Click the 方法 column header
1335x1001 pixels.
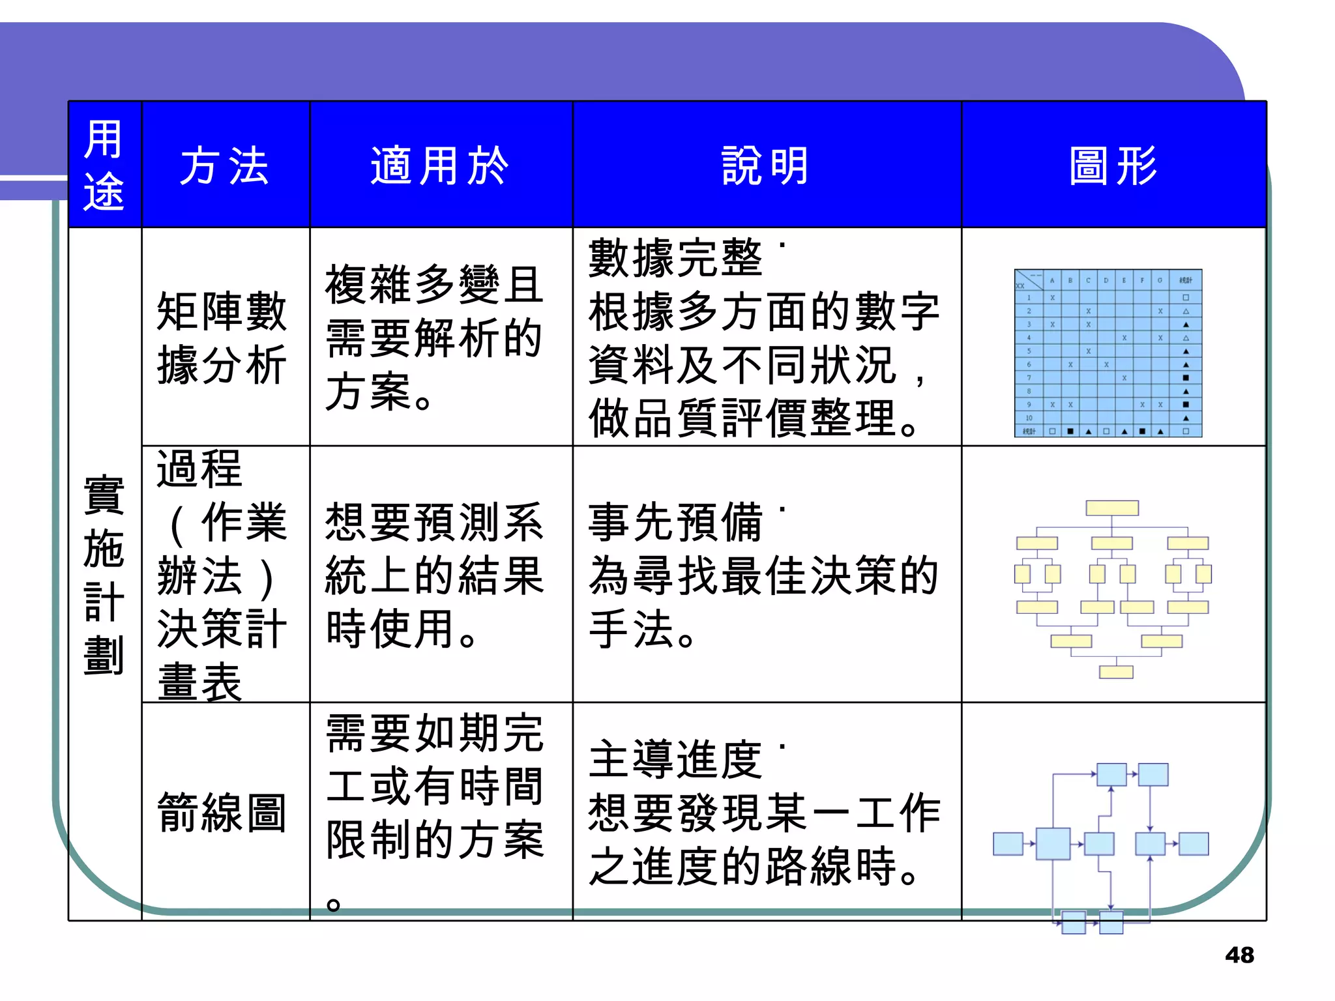click(224, 166)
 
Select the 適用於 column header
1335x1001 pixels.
click(440, 166)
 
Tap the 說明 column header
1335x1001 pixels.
click(766, 166)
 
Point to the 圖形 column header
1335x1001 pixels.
click(1113, 166)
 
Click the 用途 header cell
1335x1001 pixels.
click(104, 166)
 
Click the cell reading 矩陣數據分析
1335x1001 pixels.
click(222, 338)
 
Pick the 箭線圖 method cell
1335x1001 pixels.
click(222, 813)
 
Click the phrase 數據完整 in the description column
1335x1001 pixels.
click(675, 258)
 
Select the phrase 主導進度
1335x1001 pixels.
click(675, 760)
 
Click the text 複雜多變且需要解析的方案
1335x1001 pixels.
click(434, 338)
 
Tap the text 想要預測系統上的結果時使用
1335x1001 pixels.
click(434, 575)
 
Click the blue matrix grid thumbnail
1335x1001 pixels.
click(1108, 353)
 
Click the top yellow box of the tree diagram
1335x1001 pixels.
click(1112, 508)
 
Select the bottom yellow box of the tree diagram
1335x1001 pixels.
click(1116, 672)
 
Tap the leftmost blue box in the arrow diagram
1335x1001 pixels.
click(1008, 844)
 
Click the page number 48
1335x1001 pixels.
click(1239, 955)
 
